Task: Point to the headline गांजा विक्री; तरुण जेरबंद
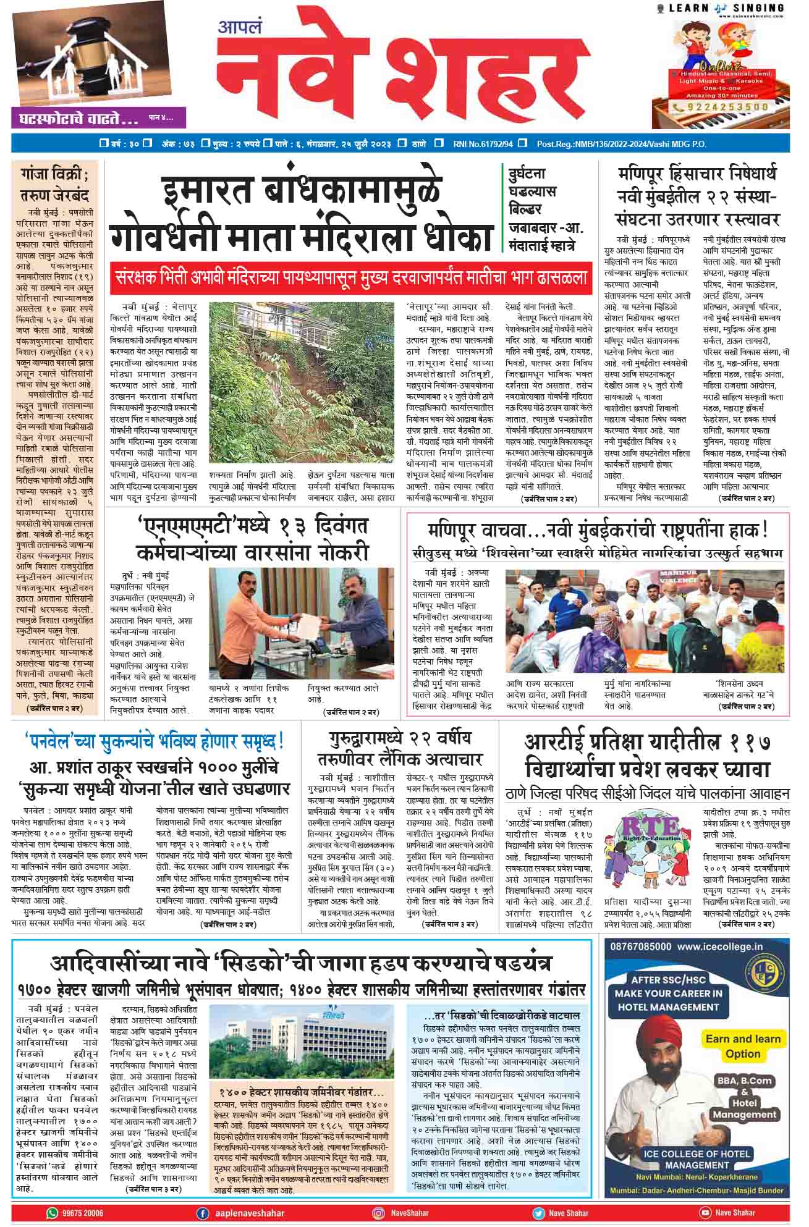[x=55, y=184]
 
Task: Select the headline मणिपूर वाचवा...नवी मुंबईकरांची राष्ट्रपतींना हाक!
[x=597, y=529]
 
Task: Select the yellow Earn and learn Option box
[x=743, y=1045]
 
